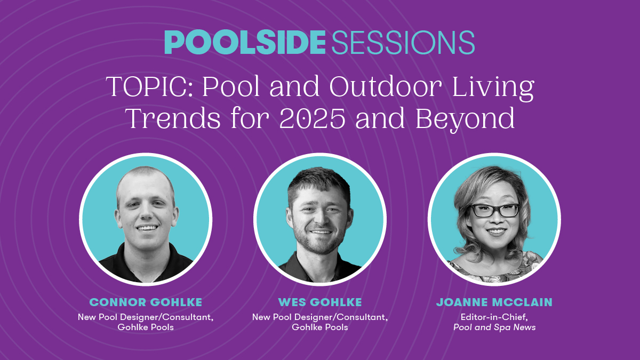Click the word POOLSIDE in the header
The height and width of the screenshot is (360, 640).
coord(245,42)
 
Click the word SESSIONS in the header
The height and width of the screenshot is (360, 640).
coord(403,42)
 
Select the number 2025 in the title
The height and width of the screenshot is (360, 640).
coord(313,118)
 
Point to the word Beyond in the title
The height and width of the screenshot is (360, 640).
coord(465,120)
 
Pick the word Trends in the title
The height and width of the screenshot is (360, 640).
coord(173,118)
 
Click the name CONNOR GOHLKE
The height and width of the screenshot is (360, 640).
coord(146,302)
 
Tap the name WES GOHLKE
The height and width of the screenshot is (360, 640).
coord(320,302)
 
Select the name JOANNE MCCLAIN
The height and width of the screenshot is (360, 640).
coord(494,302)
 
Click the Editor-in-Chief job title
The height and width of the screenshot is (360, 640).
coord(494,317)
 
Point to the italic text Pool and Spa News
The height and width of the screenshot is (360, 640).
coord(494,327)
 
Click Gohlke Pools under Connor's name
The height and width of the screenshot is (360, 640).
coord(146,327)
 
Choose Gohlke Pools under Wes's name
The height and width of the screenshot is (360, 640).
coord(320,327)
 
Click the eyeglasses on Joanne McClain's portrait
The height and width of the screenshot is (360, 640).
coord(495,210)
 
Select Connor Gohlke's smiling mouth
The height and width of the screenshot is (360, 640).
coord(147,228)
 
